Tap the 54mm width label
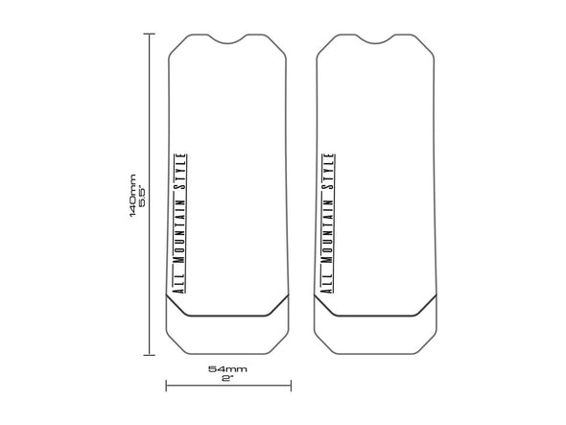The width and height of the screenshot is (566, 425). tap(227, 368)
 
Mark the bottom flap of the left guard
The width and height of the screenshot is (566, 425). tap(227, 331)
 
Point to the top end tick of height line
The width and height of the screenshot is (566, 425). tap(150, 34)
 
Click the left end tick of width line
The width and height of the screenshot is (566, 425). tap(167, 387)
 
